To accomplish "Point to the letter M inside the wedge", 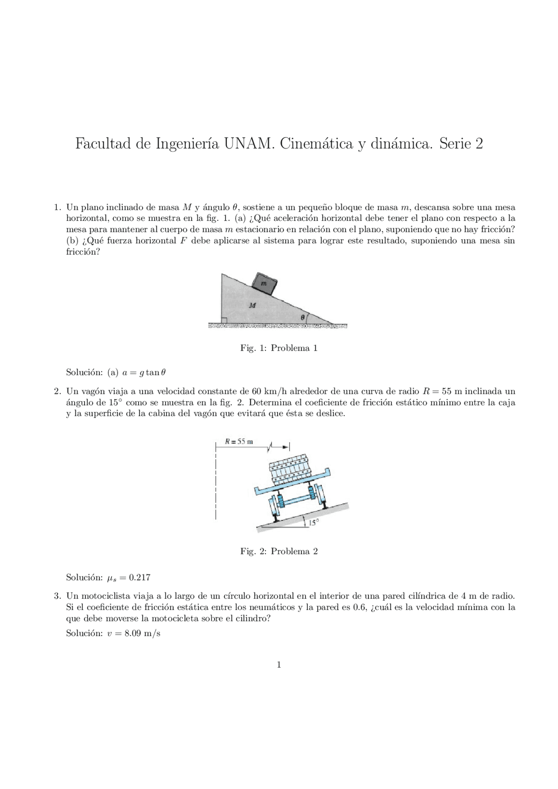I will [252, 305].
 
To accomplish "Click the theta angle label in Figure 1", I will [303, 318].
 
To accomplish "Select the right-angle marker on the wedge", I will [224, 321].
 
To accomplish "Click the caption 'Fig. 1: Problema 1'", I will [279, 348].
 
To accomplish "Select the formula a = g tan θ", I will [144, 372].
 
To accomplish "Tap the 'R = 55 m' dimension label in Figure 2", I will [238, 441].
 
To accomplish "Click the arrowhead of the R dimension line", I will [286, 447].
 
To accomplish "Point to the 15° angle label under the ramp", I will [314, 522].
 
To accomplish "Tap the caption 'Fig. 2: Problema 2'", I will [279, 552].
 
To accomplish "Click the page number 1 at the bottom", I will [279, 665].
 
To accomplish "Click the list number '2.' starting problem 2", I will [57, 391].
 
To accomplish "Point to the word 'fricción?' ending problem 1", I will [83, 252].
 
